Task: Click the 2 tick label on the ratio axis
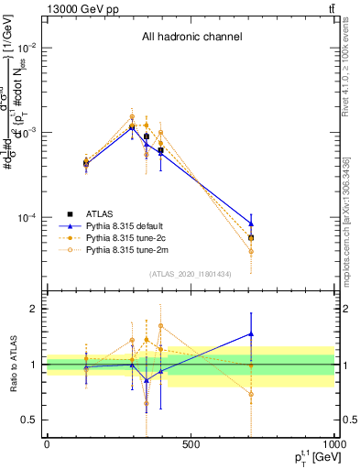35,309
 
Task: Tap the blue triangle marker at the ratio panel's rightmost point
251,334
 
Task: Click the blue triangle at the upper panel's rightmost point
251,224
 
